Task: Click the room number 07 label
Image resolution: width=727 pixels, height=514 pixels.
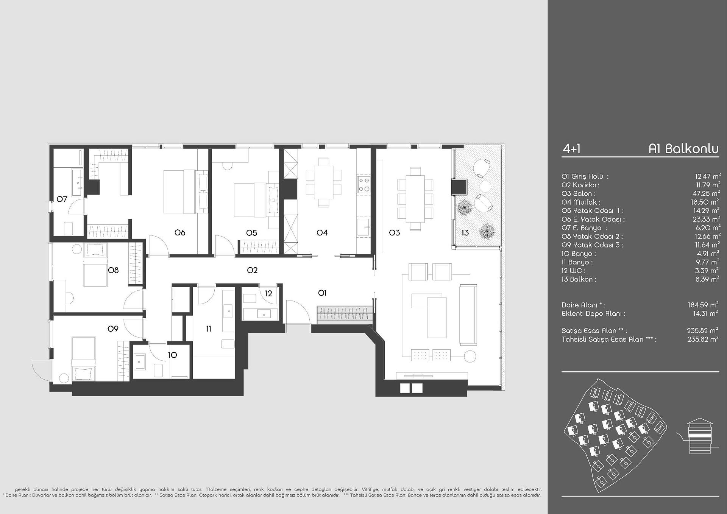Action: [x=62, y=199]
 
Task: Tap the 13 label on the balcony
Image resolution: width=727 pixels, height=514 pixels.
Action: [x=465, y=233]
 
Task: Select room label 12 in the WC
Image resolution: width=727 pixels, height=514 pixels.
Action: [x=268, y=293]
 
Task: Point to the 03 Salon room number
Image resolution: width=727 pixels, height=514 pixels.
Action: [x=394, y=233]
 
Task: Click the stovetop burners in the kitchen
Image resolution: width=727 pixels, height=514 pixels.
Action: [x=364, y=185]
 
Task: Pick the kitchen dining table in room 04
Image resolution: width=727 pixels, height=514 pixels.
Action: [x=324, y=182]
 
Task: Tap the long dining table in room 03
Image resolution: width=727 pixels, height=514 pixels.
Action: [x=415, y=199]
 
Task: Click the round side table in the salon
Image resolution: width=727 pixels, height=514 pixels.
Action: [x=470, y=356]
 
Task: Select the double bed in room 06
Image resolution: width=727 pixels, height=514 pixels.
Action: [x=186, y=192]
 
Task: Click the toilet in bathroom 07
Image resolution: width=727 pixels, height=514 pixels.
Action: [x=69, y=229]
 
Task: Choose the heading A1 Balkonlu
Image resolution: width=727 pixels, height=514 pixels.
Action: [x=683, y=149]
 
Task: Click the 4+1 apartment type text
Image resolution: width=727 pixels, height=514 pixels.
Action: [x=571, y=149]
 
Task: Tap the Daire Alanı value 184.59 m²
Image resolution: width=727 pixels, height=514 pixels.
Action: [x=703, y=305]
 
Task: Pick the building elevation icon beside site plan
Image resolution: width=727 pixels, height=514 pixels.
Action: [x=700, y=436]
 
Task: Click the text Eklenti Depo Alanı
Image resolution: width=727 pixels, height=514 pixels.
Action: [x=593, y=313]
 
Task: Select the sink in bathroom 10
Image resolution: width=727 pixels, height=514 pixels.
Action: [x=140, y=361]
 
